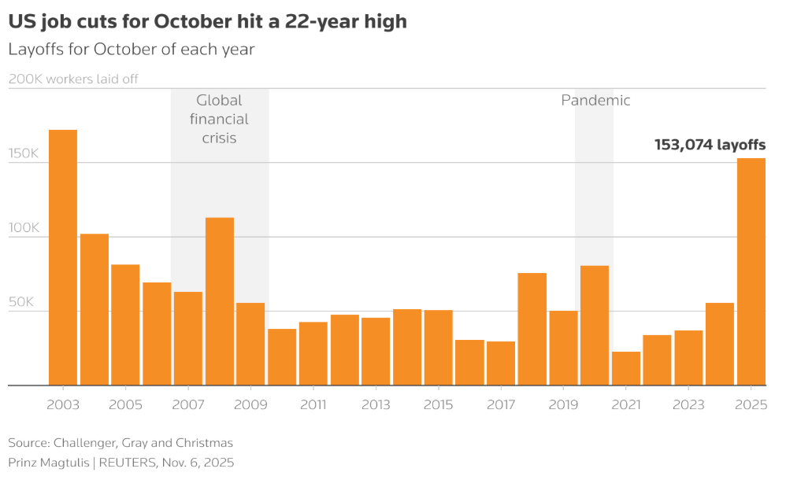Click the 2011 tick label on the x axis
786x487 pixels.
(x=313, y=405)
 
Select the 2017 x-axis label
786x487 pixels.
(x=501, y=405)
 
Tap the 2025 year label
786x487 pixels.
(x=751, y=405)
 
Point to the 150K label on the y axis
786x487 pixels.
(x=24, y=153)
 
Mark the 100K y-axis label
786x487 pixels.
(x=24, y=228)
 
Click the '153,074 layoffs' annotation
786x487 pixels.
(x=710, y=145)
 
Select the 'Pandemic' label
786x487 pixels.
(x=595, y=101)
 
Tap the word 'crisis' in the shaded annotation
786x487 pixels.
(x=219, y=138)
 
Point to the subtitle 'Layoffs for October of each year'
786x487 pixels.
(x=132, y=49)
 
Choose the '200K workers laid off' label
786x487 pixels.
(x=73, y=79)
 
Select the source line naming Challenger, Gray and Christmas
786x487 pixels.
(x=120, y=443)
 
